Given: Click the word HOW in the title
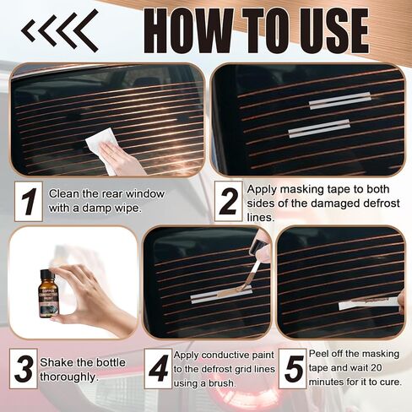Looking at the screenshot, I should tap(178, 31).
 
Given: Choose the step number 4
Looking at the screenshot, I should tap(157, 369).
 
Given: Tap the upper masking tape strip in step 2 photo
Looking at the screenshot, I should tap(339, 102).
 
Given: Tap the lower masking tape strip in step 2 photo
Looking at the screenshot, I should tap(319, 129).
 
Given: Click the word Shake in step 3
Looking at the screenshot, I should tap(66, 362).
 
